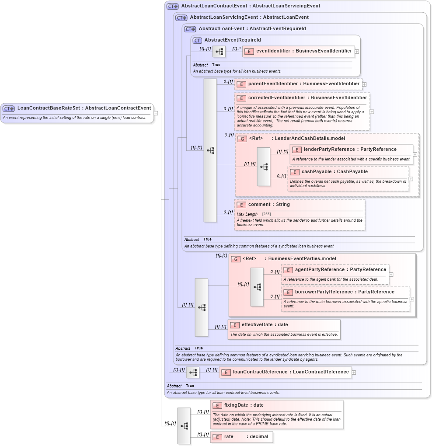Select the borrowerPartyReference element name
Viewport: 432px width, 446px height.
(344, 292)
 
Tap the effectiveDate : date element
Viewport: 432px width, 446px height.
(265, 325)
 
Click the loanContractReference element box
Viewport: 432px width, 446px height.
(290, 372)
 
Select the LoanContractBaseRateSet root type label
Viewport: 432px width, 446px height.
(84, 108)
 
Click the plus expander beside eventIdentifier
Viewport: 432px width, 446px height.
(357, 52)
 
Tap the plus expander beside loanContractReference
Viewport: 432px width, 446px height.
(354, 373)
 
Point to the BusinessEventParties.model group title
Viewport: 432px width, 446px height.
(302, 259)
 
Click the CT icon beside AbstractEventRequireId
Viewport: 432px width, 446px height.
(198, 40)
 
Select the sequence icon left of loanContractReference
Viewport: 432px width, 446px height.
(193, 373)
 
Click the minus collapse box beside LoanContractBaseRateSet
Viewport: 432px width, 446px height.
(156, 113)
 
